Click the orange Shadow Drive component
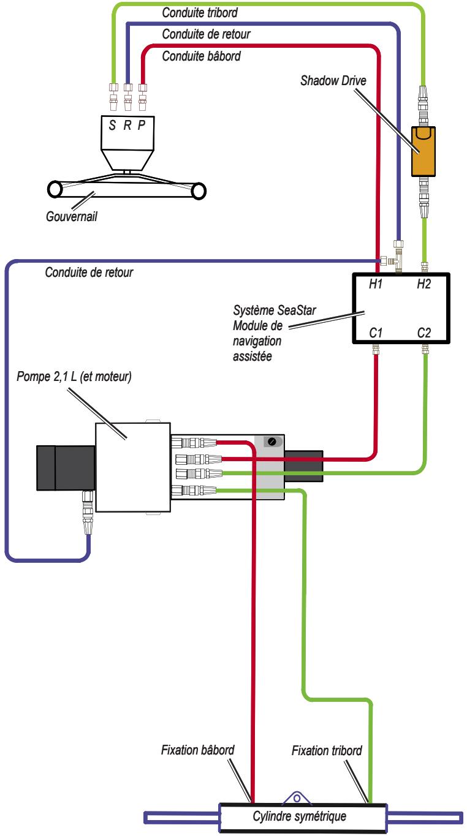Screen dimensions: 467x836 pos(423,151)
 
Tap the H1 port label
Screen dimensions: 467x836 pos(376,284)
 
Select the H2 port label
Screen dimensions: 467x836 pos(423,284)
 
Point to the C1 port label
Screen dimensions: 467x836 pos(376,333)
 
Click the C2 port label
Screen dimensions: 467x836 pos(423,333)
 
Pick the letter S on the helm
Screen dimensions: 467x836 pos(112,125)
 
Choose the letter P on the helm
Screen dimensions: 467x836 pos(141,125)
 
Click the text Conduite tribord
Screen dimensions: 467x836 pos(200,13)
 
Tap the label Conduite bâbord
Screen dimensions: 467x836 pos(201,56)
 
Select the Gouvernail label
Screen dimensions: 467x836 pos(71,216)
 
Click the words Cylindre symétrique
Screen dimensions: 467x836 pos(299,816)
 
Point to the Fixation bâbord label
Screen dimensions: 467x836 pos(197,750)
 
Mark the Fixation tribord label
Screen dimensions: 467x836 pos(327,750)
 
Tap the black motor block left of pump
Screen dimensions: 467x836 pos(66,468)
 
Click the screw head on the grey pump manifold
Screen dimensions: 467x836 pos(272,442)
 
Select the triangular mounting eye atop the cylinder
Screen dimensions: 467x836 pos(297,797)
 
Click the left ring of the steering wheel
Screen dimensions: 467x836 pos(55,189)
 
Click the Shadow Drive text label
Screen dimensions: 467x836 pos(333,81)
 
